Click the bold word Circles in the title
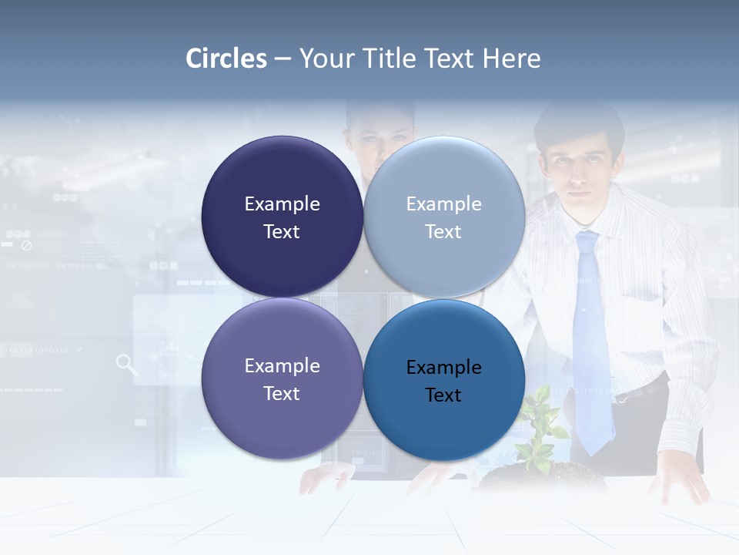coord(226,59)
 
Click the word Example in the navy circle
coord(282,204)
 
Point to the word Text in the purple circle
coord(282,394)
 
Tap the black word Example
coord(443,368)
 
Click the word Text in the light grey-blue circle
coord(443,232)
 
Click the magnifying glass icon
coord(127,365)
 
